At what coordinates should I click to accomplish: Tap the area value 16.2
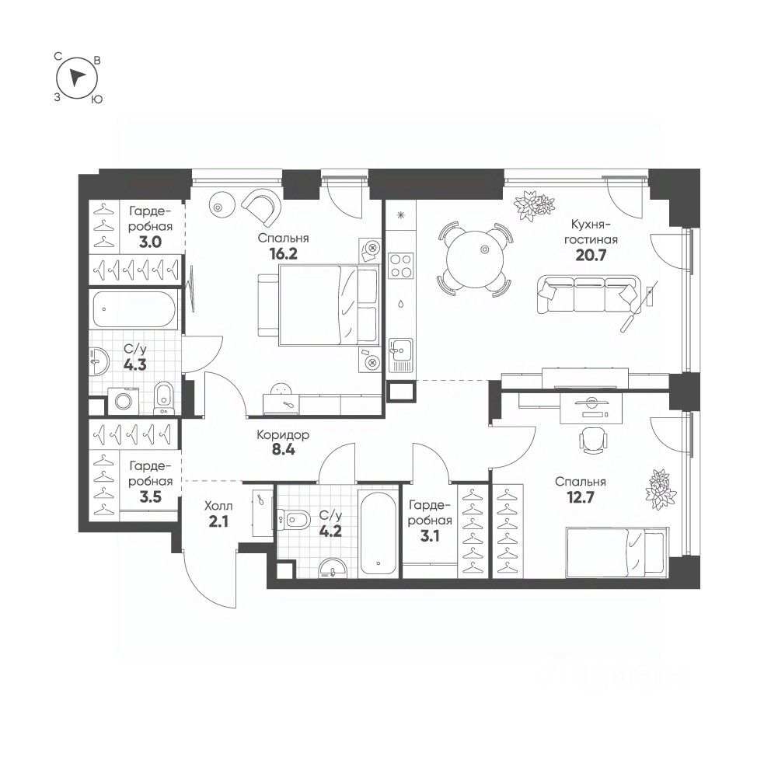click(x=283, y=254)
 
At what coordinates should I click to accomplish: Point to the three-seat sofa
click(x=588, y=294)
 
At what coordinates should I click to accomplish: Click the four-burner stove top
click(x=400, y=266)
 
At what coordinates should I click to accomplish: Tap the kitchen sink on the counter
click(x=400, y=350)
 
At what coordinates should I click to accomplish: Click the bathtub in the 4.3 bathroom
click(x=134, y=309)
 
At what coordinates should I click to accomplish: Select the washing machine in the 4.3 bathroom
click(x=123, y=400)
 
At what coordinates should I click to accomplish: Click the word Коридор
click(x=283, y=434)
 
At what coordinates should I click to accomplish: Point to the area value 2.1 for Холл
click(x=218, y=521)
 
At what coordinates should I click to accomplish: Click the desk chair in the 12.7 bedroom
click(x=594, y=440)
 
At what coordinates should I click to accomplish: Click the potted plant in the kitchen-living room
click(x=534, y=205)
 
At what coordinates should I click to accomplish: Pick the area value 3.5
click(x=150, y=497)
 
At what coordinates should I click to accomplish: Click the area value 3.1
click(x=430, y=536)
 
